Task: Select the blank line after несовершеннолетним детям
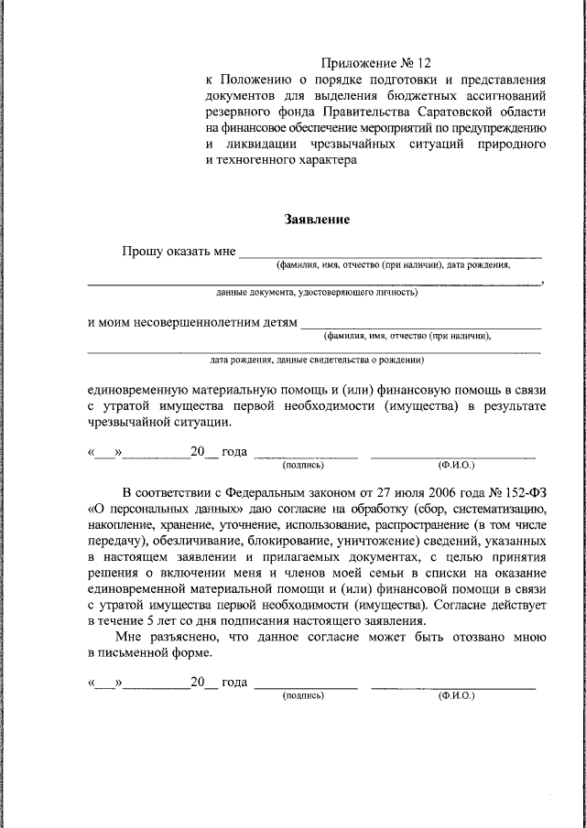421,325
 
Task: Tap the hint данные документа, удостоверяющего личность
316,293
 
